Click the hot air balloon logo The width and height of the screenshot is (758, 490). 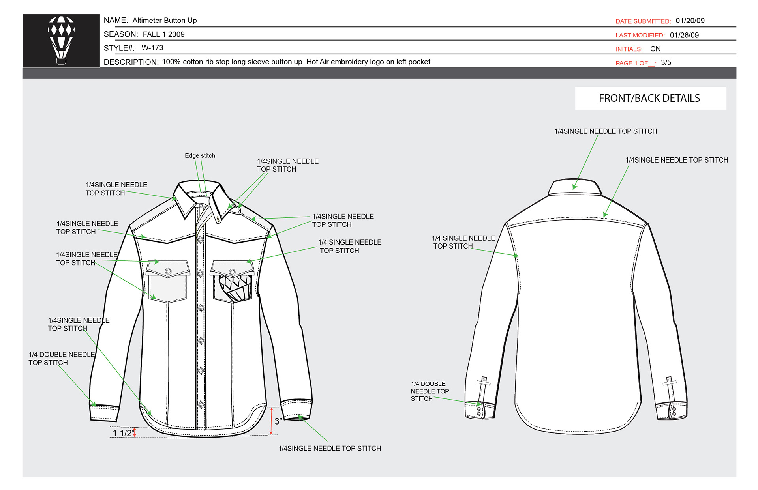pos(61,40)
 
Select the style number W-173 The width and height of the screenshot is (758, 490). pos(152,48)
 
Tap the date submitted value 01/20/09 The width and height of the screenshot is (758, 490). pos(690,21)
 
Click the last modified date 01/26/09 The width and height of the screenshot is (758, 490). pos(684,35)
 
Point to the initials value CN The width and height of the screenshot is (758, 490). pos(655,49)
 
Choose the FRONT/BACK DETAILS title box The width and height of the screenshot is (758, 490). pos(650,98)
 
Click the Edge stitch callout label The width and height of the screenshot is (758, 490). pos(200,155)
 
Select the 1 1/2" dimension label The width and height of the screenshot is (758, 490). pos(122,433)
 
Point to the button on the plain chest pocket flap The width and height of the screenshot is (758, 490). pos(168,271)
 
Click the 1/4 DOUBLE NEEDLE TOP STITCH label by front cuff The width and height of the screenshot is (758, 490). pos(61,358)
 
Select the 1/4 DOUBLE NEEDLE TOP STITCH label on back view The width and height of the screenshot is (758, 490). pos(430,391)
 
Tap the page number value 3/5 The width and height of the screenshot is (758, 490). pos(666,62)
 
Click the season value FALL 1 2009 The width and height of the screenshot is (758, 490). pos(163,34)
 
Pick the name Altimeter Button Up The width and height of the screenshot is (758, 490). pos(164,20)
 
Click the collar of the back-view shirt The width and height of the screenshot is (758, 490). pos(574,187)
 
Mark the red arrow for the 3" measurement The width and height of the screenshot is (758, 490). pos(271,421)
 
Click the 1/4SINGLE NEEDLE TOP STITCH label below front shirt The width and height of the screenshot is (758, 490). pos(329,448)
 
